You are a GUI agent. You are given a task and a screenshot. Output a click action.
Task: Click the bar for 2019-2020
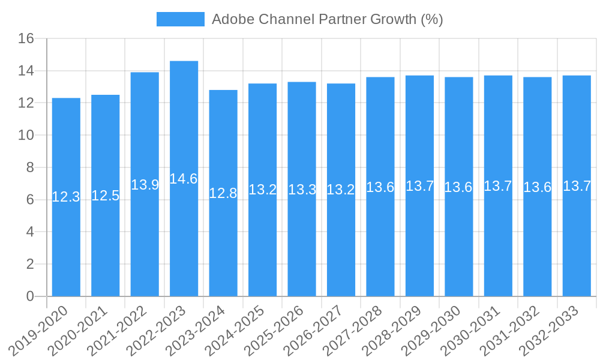66,240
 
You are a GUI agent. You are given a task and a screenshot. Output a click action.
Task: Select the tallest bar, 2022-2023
184,240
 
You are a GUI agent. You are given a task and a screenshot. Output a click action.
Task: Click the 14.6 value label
184,179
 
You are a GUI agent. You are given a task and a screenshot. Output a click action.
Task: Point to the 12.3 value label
66,197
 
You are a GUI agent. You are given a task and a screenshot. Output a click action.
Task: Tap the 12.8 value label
223,193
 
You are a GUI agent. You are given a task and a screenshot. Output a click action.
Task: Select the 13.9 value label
145,185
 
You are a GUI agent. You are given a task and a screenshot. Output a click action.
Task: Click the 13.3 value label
302,190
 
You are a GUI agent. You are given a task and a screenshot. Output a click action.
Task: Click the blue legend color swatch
180,19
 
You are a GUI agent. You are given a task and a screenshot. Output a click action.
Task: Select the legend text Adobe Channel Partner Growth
327,19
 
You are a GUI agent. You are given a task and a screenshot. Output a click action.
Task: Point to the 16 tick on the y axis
26,39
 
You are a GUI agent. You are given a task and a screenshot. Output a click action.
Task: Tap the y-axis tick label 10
26,136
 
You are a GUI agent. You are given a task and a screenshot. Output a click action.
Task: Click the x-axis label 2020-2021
78,331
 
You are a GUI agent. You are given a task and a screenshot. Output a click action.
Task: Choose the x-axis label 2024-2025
235,331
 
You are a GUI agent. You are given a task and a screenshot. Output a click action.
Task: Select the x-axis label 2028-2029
392,331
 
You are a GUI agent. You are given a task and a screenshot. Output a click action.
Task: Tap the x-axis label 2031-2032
510,331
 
